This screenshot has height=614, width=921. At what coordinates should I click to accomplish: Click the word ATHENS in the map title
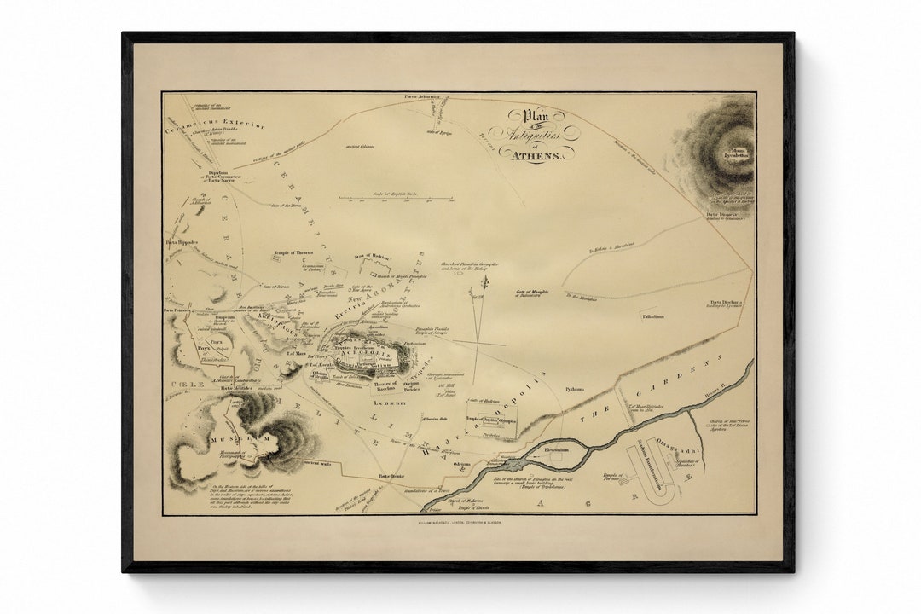point(536,155)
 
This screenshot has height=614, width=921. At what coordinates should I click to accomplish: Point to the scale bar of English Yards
point(396,198)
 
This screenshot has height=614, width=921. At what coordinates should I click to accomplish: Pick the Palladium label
point(653,316)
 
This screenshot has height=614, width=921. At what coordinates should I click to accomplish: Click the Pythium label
point(574,389)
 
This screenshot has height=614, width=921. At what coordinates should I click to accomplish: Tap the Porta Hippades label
point(182,242)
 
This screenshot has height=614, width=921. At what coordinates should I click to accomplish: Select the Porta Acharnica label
point(423,97)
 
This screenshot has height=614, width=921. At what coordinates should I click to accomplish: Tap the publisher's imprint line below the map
point(460,521)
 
